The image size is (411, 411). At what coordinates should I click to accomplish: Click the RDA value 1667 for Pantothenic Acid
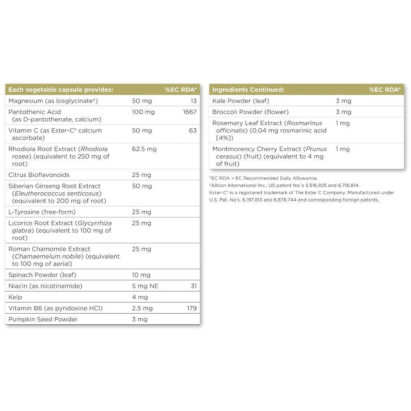pyautogui.click(x=189, y=112)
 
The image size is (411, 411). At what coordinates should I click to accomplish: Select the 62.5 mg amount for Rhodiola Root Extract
pyautogui.click(x=144, y=149)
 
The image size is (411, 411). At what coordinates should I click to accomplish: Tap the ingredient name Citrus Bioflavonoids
pyautogui.click(x=39, y=175)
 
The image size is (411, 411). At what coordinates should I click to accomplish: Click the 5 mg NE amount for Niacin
pyautogui.click(x=145, y=286)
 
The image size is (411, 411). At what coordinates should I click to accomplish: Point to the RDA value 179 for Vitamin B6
pyautogui.click(x=192, y=308)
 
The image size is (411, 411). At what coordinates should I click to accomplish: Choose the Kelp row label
pyautogui.click(x=15, y=297)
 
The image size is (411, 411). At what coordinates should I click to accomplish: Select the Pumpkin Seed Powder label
pyautogui.click(x=43, y=319)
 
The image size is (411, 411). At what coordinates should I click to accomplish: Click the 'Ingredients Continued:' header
pyautogui.click(x=248, y=90)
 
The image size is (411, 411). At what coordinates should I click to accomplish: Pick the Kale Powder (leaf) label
pyautogui.click(x=240, y=101)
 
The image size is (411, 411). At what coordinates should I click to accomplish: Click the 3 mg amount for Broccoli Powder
pyautogui.click(x=344, y=112)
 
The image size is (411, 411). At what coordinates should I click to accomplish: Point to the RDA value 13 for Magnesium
pyautogui.click(x=194, y=101)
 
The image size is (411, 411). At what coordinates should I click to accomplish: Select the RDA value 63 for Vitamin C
pyautogui.click(x=193, y=130)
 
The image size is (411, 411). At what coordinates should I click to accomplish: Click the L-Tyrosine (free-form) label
pyautogui.click(x=42, y=212)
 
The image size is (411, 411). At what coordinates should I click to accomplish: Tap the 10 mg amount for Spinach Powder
pyautogui.click(x=141, y=275)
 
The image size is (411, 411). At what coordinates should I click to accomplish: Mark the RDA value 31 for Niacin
pyautogui.click(x=194, y=286)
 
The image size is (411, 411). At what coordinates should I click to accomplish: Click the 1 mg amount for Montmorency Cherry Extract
pyautogui.click(x=343, y=149)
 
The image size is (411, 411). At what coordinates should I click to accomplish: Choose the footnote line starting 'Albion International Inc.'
pyautogui.click(x=284, y=185)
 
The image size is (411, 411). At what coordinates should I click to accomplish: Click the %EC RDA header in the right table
pyautogui.click(x=384, y=90)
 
